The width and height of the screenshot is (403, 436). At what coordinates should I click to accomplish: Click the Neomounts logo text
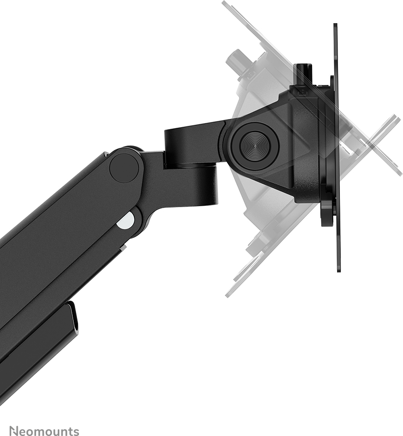point(44,431)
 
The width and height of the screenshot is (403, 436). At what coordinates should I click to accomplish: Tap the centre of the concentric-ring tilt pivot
point(255,146)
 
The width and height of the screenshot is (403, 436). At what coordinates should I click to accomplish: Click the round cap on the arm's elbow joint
point(124,168)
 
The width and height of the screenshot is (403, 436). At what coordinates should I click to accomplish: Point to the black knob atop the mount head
point(303,75)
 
